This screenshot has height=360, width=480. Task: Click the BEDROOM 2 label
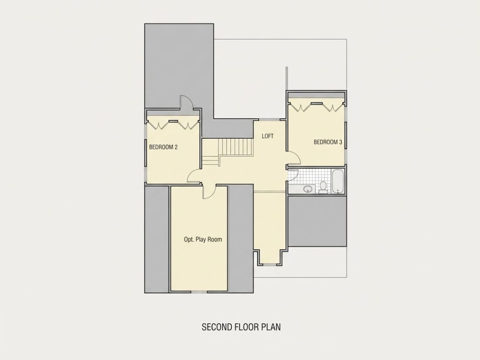tap(163, 147)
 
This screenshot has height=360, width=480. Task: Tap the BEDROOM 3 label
tap(328, 142)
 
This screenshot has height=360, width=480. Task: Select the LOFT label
tap(267, 136)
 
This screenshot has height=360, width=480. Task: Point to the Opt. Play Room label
tap(203, 240)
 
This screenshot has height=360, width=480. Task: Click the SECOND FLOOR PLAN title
tap(241, 327)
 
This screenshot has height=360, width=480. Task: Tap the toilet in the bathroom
tap(323, 187)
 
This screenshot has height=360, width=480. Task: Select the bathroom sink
tap(308, 189)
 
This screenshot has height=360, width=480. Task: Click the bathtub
tap(338, 182)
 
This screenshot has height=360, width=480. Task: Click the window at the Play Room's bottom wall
tap(199, 292)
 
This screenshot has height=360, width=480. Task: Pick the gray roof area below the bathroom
tap(318, 221)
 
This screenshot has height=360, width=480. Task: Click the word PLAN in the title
tap(271, 327)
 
